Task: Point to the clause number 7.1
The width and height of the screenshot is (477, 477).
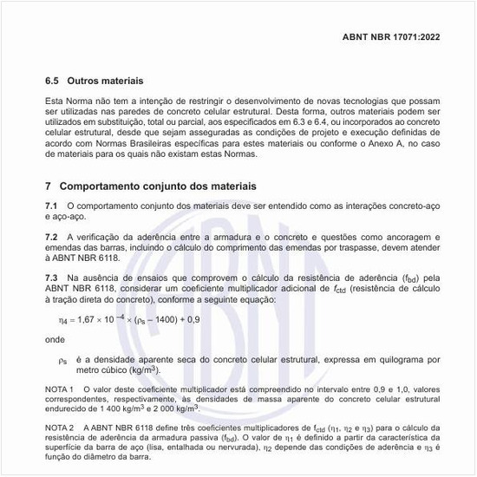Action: (52, 205)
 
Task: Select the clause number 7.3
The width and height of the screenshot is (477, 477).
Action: (52, 278)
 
